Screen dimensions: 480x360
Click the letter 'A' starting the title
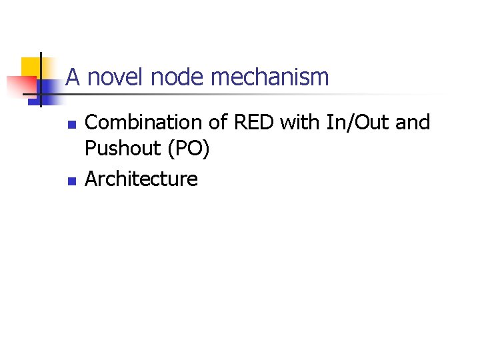[x=73, y=77]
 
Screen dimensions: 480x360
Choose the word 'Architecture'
[x=141, y=179]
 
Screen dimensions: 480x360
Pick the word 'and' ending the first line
[x=413, y=123]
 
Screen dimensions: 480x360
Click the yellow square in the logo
[x=29, y=67]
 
